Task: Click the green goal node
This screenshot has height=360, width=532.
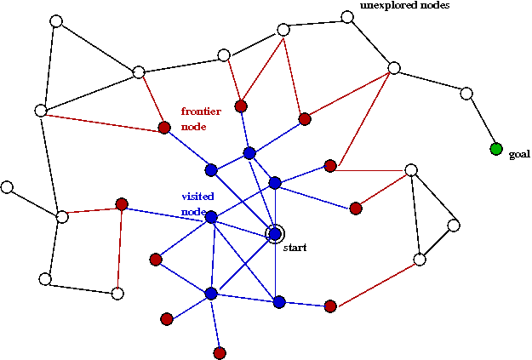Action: click(x=496, y=149)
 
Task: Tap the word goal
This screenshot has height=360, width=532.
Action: click(x=519, y=155)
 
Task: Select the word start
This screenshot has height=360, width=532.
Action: click(x=295, y=247)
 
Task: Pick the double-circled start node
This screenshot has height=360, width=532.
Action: click(x=275, y=233)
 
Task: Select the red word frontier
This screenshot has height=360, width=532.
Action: click(x=201, y=111)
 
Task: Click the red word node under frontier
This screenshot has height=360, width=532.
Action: click(x=193, y=126)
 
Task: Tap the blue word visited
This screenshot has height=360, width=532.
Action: click(x=197, y=196)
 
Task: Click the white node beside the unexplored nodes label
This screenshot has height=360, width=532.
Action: click(x=347, y=17)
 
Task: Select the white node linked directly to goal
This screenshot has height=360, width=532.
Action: click(x=466, y=94)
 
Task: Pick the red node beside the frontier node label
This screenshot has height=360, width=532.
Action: click(x=164, y=128)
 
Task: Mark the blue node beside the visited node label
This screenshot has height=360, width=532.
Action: click(x=211, y=217)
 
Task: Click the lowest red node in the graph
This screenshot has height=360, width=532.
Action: click(x=220, y=352)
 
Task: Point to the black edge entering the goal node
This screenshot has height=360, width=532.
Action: click(x=482, y=122)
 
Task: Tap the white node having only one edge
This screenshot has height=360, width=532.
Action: click(x=7, y=186)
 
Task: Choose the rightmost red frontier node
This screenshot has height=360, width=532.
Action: click(x=356, y=208)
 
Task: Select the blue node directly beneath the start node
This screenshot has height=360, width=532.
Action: click(x=279, y=301)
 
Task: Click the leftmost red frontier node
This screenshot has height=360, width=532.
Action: click(x=122, y=204)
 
